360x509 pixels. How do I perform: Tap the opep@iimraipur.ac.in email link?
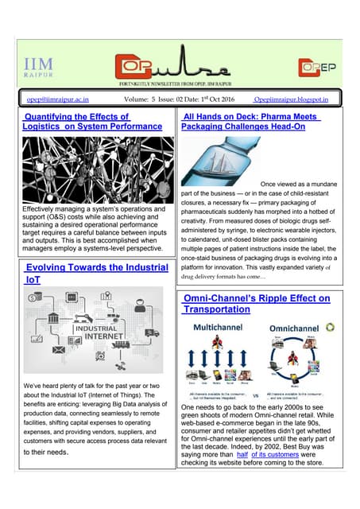click(x=57, y=99)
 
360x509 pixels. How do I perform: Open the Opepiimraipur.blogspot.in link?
click(x=297, y=99)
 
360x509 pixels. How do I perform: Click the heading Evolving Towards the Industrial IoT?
click(x=96, y=274)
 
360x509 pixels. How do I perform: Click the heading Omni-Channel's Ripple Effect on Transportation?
click(x=256, y=304)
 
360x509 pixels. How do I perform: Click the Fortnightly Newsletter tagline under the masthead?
click(x=179, y=84)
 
